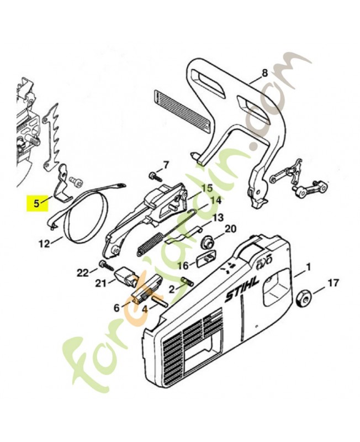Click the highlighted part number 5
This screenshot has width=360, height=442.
pos(36,203)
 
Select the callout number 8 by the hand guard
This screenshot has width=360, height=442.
pos(264,72)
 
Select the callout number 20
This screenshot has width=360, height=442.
pos(230,229)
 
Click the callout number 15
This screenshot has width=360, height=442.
pos(206,188)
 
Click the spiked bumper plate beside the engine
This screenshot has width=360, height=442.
pos(54,133)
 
